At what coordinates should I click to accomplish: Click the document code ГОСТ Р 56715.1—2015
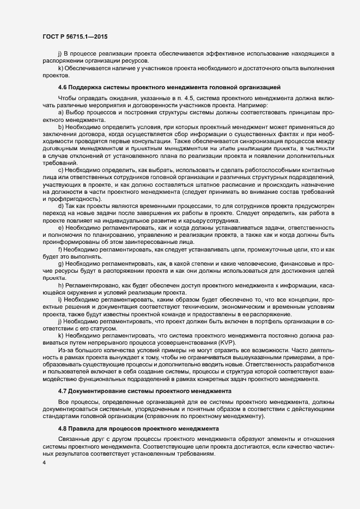75,36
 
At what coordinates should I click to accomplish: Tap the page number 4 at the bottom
43,463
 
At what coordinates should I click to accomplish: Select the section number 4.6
63,87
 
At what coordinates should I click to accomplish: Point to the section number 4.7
63,391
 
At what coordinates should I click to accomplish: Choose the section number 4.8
63,428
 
